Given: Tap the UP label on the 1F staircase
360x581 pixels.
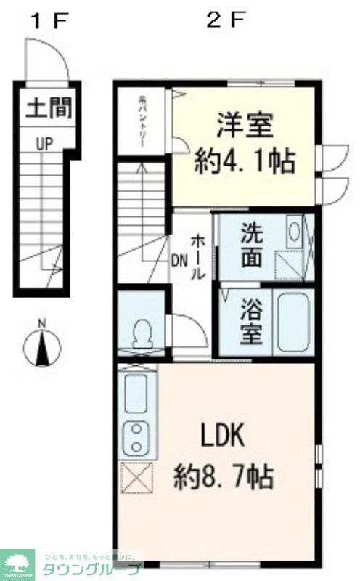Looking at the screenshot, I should (45, 144).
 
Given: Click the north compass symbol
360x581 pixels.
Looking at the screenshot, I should (41, 346).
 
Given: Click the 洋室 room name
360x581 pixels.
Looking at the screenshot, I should (244, 124).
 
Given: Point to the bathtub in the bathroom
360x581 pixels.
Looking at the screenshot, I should (292, 323).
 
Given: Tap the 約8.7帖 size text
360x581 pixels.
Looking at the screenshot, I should (223, 477).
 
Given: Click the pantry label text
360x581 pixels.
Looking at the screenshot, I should (144, 122).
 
